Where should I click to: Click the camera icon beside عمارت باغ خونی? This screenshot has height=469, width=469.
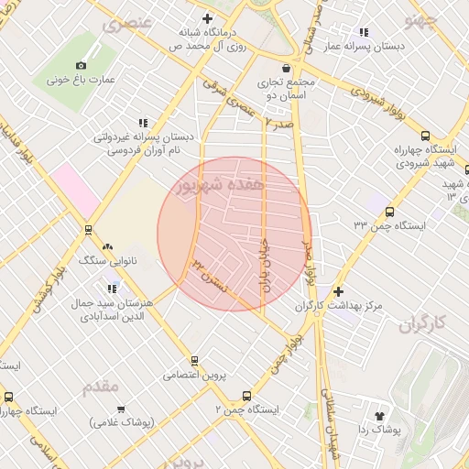point(82,65)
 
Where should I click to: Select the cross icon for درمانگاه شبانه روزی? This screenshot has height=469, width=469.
point(207,18)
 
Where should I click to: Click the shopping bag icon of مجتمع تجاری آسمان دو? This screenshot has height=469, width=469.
point(287,67)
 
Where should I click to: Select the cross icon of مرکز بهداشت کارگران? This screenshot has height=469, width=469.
point(338,291)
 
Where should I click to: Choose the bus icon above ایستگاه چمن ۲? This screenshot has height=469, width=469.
point(246,397)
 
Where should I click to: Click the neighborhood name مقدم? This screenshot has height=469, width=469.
point(101,386)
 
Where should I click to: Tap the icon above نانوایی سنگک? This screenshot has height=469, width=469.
point(108,245)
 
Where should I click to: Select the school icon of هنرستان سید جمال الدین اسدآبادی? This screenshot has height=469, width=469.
point(112,289)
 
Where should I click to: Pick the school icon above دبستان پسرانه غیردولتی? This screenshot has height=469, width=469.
point(142,122)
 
